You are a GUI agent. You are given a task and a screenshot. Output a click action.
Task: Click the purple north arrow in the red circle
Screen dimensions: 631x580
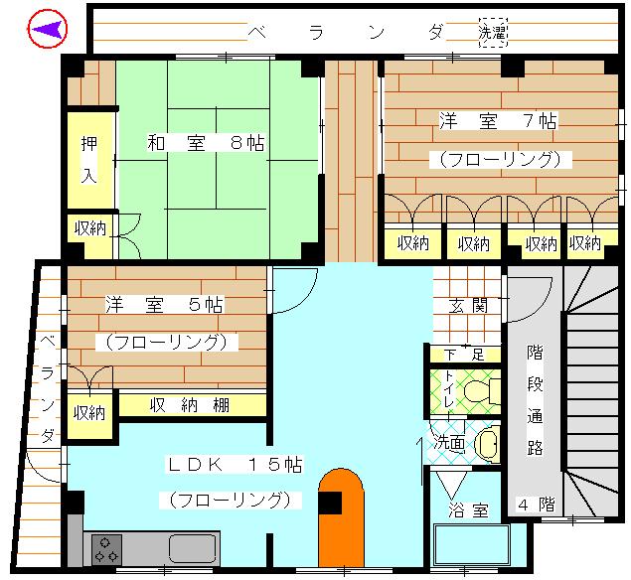pyautogui.click(x=49, y=30)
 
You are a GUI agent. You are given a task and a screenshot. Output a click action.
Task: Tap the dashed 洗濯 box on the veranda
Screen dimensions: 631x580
pyautogui.click(x=493, y=32)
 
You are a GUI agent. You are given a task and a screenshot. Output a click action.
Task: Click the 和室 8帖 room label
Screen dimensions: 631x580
pyautogui.click(x=206, y=143)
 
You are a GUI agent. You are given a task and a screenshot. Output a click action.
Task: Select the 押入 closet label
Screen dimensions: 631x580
pyautogui.click(x=88, y=160)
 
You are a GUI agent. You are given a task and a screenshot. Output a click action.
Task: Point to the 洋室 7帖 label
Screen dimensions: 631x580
pyautogui.click(x=498, y=120)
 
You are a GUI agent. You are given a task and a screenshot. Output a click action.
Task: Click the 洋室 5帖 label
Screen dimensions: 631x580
pyautogui.click(x=164, y=305)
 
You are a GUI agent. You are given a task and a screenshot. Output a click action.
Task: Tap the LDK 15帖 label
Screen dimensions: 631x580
pyautogui.click(x=235, y=465)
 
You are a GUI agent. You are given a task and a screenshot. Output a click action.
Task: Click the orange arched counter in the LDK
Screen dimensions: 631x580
pyautogui.click(x=341, y=518)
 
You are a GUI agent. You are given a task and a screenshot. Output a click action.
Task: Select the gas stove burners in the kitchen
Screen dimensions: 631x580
pyautogui.click(x=106, y=550)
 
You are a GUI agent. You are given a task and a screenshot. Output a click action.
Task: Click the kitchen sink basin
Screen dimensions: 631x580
pyautogui.click(x=193, y=548)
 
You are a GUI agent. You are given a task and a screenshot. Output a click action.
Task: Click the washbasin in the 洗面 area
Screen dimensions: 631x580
pyautogui.click(x=488, y=443)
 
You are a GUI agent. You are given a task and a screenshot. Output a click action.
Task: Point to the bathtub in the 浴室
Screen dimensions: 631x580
pyautogui.click(x=472, y=545)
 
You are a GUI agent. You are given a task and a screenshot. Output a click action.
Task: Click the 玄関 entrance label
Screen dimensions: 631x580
pyautogui.click(x=468, y=306)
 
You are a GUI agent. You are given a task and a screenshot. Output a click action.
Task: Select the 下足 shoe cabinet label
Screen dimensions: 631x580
pyautogui.click(x=464, y=355)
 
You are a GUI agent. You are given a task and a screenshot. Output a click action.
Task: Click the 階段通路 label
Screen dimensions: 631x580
pyautogui.click(x=535, y=400)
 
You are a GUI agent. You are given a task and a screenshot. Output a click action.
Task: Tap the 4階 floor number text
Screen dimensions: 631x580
pyautogui.click(x=536, y=505)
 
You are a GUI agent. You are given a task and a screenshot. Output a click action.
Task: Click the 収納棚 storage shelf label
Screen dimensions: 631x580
pyautogui.click(x=190, y=405)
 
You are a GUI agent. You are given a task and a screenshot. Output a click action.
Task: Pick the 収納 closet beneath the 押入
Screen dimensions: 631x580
pyautogui.click(x=90, y=229)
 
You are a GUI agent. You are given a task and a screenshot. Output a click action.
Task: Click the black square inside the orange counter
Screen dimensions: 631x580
pyautogui.click(x=330, y=503)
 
